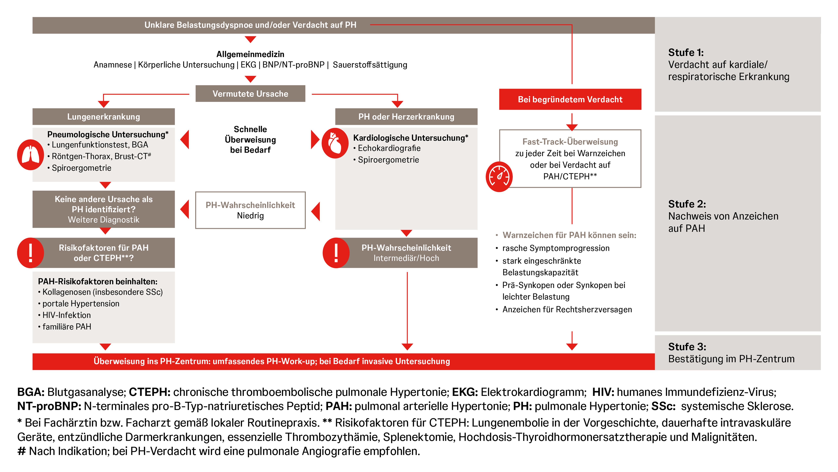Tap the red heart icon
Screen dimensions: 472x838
(335, 143)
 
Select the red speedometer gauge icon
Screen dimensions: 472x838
(499, 177)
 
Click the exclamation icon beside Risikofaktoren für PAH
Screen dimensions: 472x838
(30, 253)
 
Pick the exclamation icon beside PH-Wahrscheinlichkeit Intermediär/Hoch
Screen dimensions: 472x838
(336, 253)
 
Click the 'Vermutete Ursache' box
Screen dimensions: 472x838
(250, 94)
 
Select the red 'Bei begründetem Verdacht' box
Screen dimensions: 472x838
(570, 99)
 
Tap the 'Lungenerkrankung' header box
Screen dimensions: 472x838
(103, 117)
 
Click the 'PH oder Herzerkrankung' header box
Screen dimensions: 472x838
(406, 117)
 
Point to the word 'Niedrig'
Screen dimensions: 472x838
(250, 216)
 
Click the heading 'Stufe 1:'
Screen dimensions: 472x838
(686, 52)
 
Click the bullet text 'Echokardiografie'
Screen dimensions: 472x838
(389, 148)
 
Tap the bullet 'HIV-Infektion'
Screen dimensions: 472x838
(66, 315)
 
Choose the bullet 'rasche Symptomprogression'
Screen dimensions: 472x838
(556, 248)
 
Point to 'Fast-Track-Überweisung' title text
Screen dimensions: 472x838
(570, 142)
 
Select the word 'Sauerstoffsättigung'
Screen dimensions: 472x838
(370, 65)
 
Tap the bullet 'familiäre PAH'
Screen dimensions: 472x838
(67, 327)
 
